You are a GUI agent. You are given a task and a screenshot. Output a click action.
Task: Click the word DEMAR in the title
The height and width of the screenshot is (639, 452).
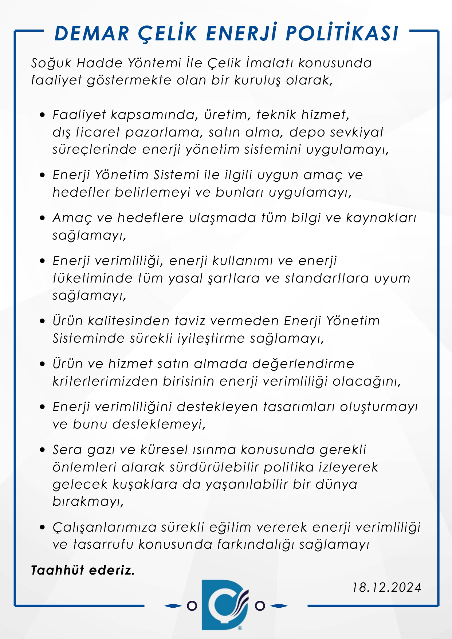tap(92, 34)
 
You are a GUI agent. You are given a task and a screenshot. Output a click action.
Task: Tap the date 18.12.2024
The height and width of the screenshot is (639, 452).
tap(386, 587)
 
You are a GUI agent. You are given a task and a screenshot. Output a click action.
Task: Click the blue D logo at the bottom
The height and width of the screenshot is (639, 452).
tap(225, 605)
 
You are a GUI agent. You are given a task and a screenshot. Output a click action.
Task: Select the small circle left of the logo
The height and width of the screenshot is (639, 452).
tap(192, 606)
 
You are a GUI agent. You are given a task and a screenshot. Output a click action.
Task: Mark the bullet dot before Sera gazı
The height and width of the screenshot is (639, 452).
tap(43, 450)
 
